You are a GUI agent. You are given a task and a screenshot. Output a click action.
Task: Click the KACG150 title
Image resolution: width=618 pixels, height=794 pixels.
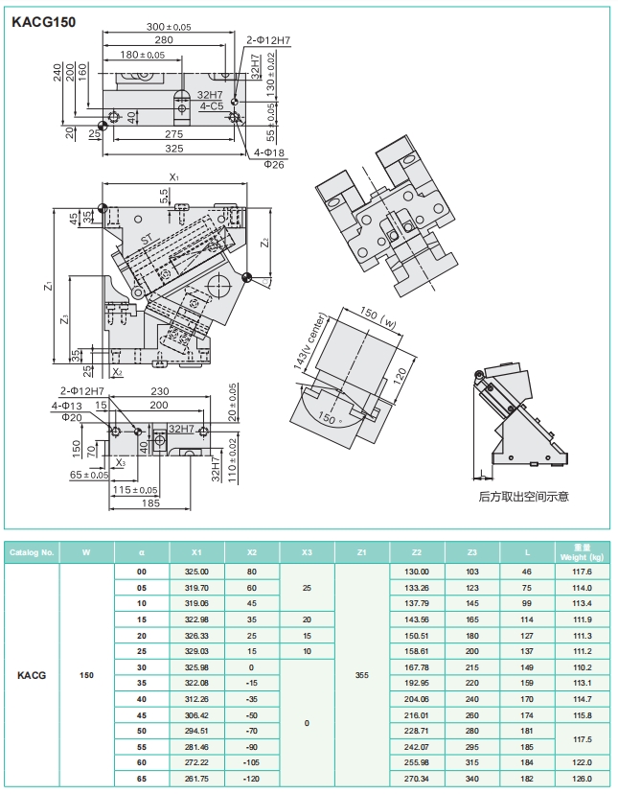click(x=43, y=20)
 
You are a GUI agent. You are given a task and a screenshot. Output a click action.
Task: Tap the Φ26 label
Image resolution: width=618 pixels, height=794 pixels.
click(x=274, y=165)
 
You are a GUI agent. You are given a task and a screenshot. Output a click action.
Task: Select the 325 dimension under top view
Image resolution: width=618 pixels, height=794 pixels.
click(x=173, y=149)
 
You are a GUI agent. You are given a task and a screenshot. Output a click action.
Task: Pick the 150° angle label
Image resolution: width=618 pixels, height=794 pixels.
click(x=332, y=419)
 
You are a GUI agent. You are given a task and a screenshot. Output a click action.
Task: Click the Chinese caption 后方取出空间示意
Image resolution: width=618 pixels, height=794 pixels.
click(x=524, y=497)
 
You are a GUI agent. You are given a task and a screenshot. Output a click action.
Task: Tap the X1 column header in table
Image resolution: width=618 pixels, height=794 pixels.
click(x=196, y=552)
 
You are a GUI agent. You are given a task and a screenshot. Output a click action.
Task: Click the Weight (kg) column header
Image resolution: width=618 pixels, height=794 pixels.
click(x=583, y=552)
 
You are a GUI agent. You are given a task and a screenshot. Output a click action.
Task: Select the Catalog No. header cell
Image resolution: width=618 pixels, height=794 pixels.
click(x=32, y=552)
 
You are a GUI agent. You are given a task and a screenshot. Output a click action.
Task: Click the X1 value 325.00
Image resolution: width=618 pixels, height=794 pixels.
click(x=196, y=572)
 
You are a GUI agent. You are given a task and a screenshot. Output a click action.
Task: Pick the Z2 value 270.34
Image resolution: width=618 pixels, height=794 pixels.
click(x=417, y=779)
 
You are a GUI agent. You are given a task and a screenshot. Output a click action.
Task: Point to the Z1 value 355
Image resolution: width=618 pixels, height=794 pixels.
click(x=362, y=675)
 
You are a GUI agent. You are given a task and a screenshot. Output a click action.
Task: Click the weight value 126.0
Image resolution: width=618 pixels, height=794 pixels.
click(x=583, y=779)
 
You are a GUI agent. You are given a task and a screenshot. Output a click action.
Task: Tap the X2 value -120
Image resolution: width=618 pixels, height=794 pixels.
click(x=251, y=779)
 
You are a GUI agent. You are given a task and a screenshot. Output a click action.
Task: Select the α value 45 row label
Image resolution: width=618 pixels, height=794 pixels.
click(x=142, y=715)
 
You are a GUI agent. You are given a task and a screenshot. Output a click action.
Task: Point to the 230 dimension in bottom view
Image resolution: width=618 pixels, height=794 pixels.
click(x=159, y=391)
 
